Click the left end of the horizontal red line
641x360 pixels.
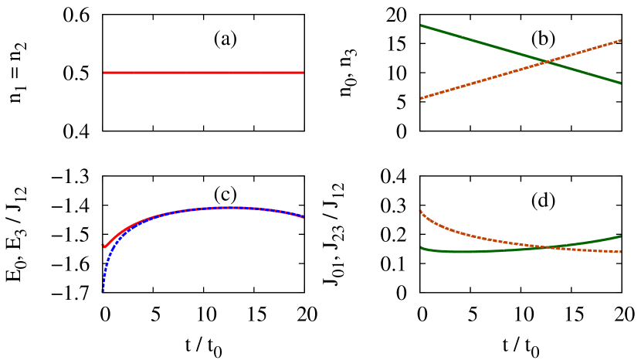point(104,73)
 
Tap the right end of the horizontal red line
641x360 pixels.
point(303,73)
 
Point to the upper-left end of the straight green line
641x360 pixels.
point(421,25)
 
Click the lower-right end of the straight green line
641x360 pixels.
point(621,83)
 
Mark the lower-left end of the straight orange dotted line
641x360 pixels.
point(421,98)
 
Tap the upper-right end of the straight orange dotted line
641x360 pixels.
point(621,40)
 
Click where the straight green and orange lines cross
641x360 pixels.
point(548,61)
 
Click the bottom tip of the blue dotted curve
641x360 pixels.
point(103,291)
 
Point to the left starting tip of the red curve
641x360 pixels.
point(103,246)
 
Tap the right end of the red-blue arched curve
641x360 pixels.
point(304,217)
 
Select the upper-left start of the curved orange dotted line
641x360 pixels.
point(420,210)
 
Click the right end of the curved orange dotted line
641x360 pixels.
point(621,252)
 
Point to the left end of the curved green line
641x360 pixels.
point(420,248)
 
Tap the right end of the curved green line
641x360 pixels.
point(621,236)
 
